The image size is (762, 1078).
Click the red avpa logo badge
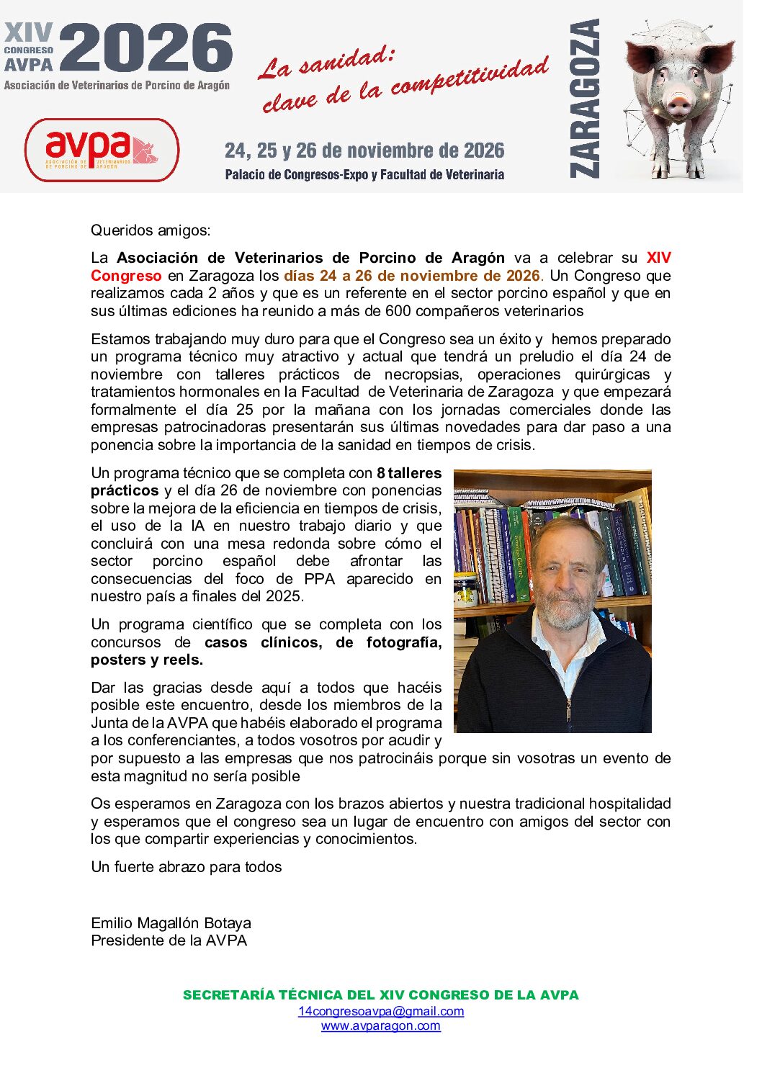[x=102, y=150]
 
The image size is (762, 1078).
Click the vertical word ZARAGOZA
[x=584, y=98]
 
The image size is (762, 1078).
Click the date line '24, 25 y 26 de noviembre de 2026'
[x=364, y=151]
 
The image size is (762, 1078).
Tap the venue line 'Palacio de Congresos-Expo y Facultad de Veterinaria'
[x=364, y=174]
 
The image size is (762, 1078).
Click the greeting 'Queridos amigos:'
[x=151, y=230]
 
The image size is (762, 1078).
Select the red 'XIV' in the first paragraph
[x=658, y=258]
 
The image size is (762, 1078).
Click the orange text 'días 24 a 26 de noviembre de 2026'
[x=411, y=276]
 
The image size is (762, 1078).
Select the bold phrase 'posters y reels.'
[x=147, y=660]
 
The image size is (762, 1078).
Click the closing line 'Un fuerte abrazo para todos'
[x=186, y=867]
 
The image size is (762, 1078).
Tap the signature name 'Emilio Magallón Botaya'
[x=171, y=923]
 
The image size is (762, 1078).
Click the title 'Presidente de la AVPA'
[x=169, y=940]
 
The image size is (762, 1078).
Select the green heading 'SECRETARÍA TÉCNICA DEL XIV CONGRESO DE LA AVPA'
[x=380, y=995]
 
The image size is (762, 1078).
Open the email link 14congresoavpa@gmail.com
[x=381, y=1011]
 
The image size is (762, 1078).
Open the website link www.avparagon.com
[x=380, y=1025]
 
